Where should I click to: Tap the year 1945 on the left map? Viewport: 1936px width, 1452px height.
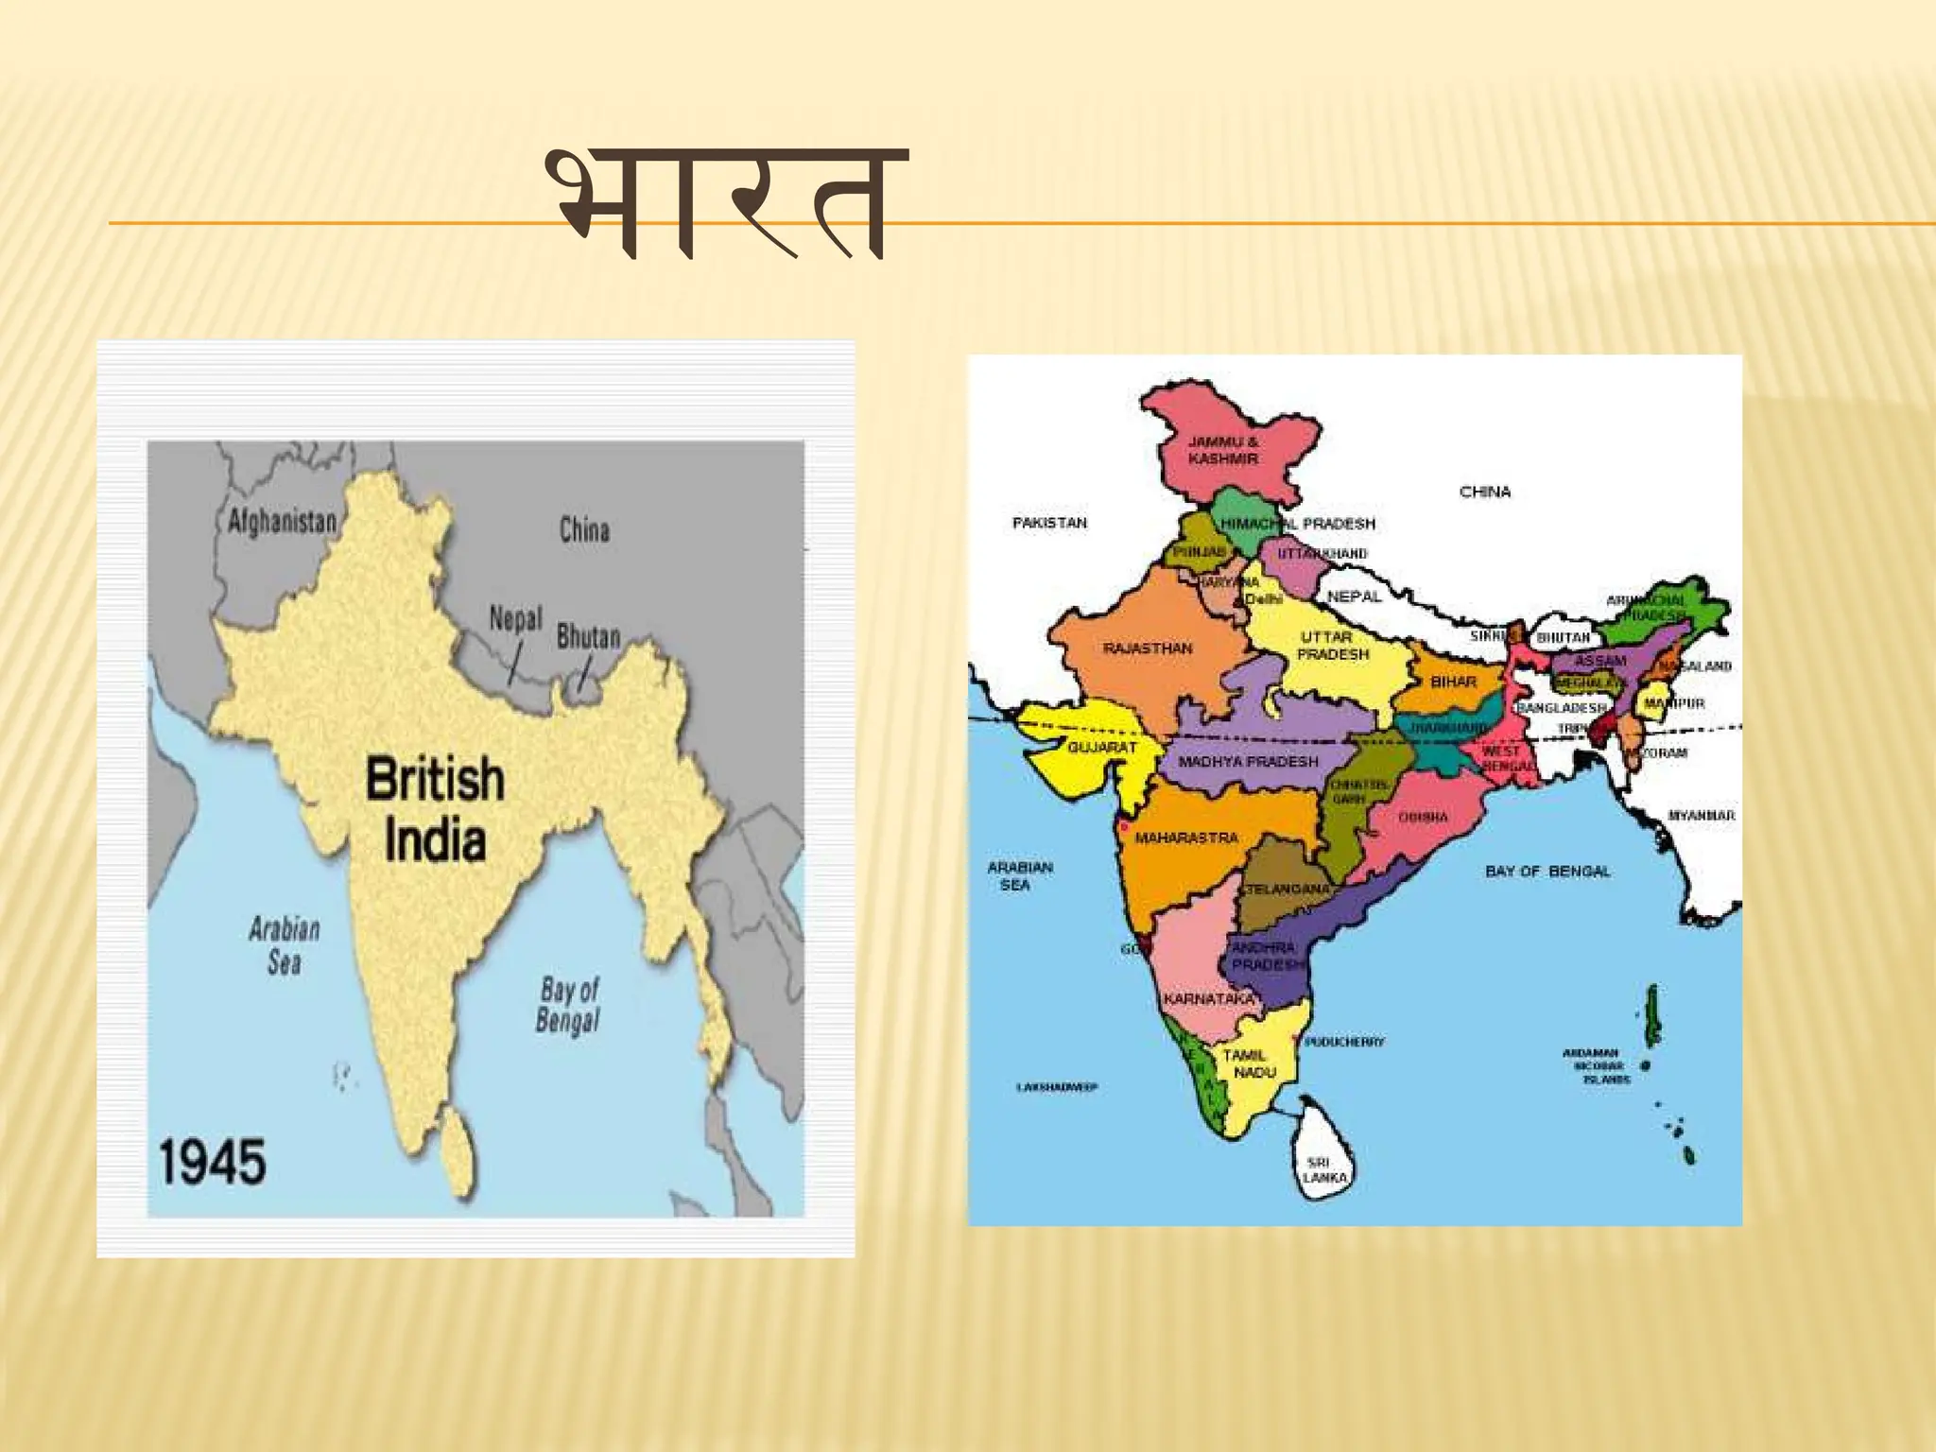coord(213,1162)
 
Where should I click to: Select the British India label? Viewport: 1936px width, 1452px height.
coord(435,809)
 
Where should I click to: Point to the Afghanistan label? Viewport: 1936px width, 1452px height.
coord(283,521)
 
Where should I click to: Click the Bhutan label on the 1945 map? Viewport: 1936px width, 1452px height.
coord(588,637)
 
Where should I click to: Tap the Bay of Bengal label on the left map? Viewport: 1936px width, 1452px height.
coord(568,1006)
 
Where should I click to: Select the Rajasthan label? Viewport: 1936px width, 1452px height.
coord(1148,648)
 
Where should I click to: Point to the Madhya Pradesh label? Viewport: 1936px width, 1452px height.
coord(1248,761)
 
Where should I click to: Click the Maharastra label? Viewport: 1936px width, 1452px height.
coord(1186,838)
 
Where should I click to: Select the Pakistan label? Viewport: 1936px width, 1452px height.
coord(1049,523)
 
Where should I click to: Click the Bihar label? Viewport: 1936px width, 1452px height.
coord(1453,681)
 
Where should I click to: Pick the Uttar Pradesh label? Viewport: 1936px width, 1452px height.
coord(1333,646)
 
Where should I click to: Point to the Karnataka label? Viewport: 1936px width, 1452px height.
coord(1209,999)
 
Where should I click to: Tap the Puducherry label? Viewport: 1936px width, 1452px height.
coord(1344,1042)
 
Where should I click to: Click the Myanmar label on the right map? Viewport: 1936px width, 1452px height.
coord(1701,815)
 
